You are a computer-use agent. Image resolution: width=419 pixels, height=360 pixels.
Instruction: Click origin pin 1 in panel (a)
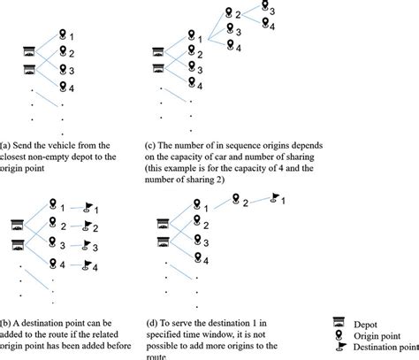pyautogui.click(x=62, y=34)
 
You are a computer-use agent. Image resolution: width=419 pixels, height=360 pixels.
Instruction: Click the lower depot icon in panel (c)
pyautogui.click(x=158, y=68)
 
